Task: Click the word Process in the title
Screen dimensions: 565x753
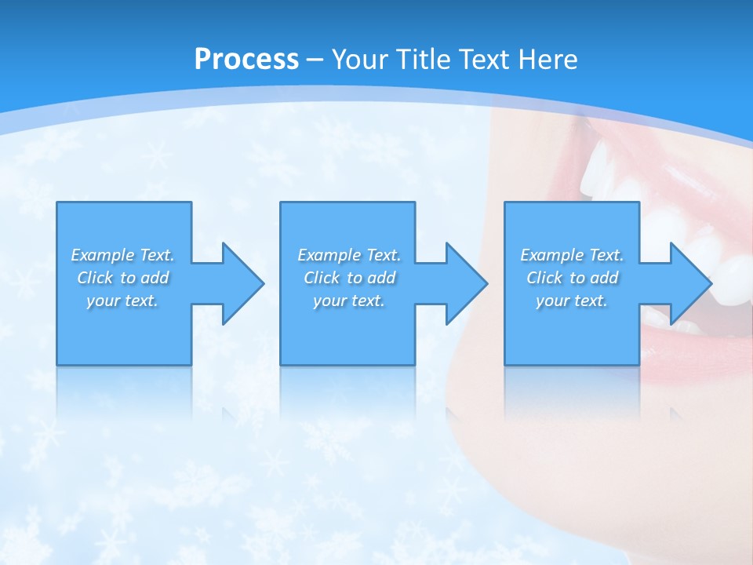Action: pyautogui.click(x=246, y=60)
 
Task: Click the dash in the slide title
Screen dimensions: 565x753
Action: pyautogui.click(x=315, y=60)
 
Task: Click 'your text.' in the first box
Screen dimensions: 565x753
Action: pyautogui.click(x=122, y=301)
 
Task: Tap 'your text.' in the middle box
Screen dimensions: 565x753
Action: pyautogui.click(x=349, y=301)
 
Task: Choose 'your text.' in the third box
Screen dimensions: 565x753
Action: pyautogui.click(x=572, y=301)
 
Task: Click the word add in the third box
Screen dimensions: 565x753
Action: pyautogui.click(x=605, y=278)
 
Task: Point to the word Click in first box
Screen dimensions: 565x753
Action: pyautogui.click(x=93, y=278)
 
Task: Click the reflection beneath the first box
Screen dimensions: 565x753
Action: pyautogui.click(x=124, y=392)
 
